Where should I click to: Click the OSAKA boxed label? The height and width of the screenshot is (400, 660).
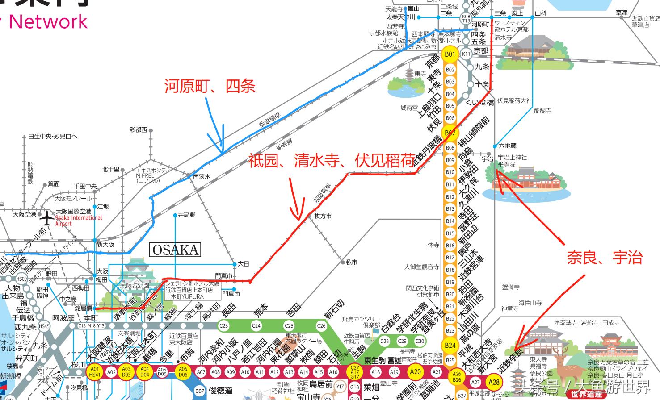pos(175,250)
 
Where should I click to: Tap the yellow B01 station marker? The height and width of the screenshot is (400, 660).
pos(450,54)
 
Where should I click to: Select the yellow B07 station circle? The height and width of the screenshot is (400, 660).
pos(450,133)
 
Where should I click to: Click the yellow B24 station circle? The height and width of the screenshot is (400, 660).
pos(450,345)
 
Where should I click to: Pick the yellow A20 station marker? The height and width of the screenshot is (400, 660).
pos(415,371)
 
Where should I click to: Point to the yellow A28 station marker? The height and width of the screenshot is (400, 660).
pos(494,382)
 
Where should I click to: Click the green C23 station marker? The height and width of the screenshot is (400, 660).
pos(223,325)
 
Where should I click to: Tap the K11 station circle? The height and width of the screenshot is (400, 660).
pos(466,54)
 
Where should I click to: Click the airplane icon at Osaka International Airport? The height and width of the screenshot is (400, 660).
pos(47,218)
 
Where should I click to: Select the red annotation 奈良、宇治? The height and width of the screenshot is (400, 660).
pos(605,258)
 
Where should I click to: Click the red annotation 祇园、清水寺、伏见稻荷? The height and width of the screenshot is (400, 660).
pos(331,161)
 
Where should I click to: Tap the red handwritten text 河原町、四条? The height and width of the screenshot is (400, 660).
pos(210,86)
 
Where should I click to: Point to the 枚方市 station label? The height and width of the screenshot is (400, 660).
pos(323,216)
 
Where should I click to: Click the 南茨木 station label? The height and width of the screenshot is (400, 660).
pos(202,177)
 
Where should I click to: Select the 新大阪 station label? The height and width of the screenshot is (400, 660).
pos(105,244)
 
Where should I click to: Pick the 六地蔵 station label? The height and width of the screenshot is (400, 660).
pos(508,146)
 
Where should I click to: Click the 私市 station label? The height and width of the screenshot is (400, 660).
pos(351,262)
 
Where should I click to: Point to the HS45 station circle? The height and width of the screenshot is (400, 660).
pos(44,326)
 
